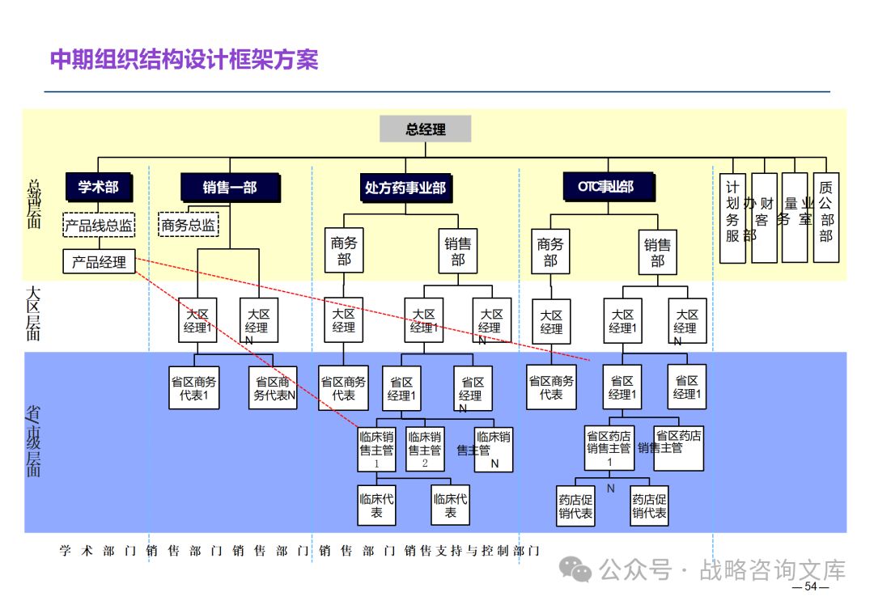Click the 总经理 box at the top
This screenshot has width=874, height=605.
point(425,129)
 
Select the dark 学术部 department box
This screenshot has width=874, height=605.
point(98,188)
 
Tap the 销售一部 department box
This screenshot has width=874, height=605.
point(230,188)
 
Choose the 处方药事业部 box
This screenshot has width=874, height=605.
point(405,188)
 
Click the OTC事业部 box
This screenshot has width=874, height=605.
point(605,187)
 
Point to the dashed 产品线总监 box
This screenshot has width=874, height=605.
point(99,226)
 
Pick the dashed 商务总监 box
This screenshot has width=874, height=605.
point(189,226)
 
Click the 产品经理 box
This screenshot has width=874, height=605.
point(99,261)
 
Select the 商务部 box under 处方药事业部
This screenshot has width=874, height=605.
point(344,251)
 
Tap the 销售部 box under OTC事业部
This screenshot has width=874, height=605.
point(657,252)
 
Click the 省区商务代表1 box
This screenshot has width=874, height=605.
point(194,388)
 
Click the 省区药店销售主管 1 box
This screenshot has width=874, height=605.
point(609,449)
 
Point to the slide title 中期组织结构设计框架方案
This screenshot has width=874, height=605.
point(185,60)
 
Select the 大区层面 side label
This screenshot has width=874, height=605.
point(33,312)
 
